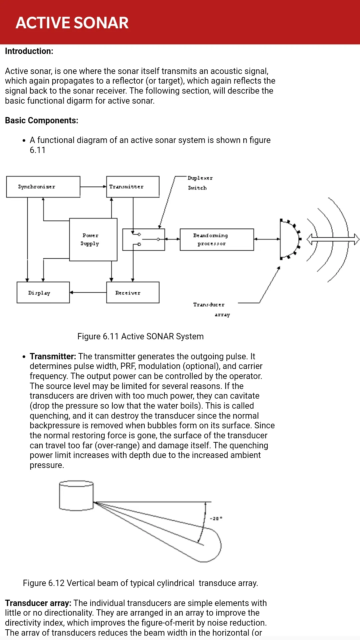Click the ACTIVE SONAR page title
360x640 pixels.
(72, 23)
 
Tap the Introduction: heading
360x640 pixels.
(29, 51)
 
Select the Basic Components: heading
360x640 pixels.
(42, 120)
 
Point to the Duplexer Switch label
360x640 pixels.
(200, 183)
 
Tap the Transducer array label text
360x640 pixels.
(212, 309)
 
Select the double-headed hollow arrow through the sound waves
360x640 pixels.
(333, 239)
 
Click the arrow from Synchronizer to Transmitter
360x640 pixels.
(93, 187)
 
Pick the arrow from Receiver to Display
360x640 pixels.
(88, 292)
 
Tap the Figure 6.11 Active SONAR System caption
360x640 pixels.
(140, 336)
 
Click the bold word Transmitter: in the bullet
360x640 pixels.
(53, 356)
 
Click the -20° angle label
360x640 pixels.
(216, 518)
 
